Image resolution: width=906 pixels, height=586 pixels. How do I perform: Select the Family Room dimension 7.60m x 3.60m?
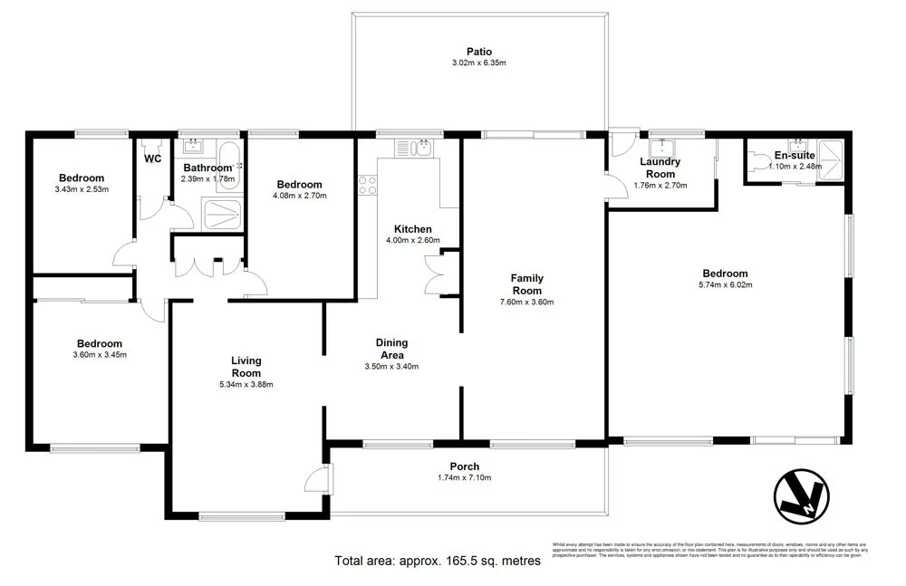tap(525, 303)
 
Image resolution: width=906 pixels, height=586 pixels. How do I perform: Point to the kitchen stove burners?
tap(368, 186)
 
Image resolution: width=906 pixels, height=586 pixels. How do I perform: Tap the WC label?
tap(152, 159)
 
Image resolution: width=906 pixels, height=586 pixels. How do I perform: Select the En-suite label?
tap(795, 156)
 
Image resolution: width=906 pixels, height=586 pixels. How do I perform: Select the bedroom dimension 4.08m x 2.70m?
tap(299, 196)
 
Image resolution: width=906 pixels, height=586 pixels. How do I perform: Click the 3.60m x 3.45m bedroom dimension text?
tap(99, 355)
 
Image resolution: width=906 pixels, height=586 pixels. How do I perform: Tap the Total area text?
tap(438, 561)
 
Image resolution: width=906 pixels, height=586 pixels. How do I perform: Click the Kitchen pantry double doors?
tap(437, 273)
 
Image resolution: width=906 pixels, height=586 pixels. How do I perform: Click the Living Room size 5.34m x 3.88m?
tap(246, 384)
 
